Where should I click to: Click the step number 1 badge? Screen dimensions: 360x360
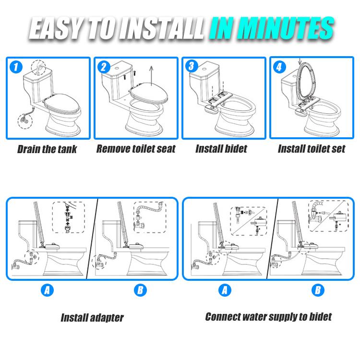[x=16, y=67]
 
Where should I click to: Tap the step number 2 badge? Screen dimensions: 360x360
[x=104, y=67]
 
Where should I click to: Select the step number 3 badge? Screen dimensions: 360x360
[x=192, y=66]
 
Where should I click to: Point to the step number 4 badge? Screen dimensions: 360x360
[x=279, y=67]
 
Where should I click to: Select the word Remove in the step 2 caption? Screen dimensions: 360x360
[x=112, y=149]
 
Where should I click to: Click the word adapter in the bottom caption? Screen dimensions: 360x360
[x=107, y=318]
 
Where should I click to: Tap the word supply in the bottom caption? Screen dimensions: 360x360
[x=283, y=317]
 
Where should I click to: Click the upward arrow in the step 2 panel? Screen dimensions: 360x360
[x=151, y=76]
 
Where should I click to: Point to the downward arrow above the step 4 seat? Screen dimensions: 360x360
[x=300, y=61]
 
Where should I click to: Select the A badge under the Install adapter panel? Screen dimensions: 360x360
[x=47, y=290]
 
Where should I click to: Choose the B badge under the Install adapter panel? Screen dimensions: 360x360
[x=140, y=290]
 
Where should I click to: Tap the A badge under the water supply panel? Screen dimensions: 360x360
[x=225, y=290]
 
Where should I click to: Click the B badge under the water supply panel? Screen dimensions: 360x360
[x=318, y=290]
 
